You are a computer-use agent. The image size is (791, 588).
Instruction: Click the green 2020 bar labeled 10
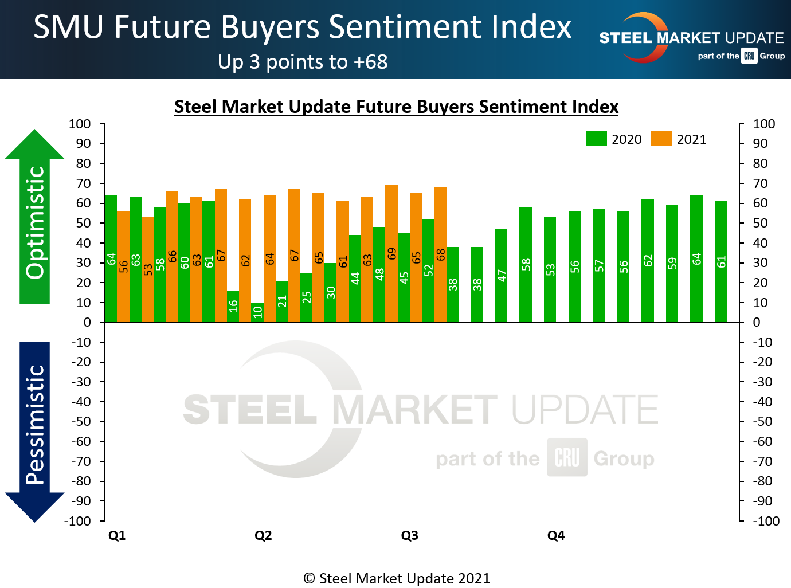click(x=257, y=312)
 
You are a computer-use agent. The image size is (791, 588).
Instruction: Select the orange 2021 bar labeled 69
click(x=391, y=253)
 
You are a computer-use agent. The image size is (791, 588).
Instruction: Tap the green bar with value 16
click(x=233, y=306)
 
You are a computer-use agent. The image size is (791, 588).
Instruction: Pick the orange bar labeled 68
click(x=440, y=254)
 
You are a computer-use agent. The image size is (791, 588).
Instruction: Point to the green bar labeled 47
click(x=502, y=276)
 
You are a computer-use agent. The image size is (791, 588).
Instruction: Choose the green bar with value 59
click(x=672, y=264)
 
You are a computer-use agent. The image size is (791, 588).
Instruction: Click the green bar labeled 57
click(x=599, y=265)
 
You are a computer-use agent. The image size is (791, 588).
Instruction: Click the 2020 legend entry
click(x=614, y=139)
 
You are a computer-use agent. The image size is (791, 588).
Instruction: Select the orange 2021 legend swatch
click(x=661, y=139)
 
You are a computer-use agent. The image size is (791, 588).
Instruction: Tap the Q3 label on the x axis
click(x=409, y=535)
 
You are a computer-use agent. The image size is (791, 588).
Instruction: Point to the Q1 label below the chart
click(x=117, y=535)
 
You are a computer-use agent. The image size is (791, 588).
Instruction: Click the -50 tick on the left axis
click(x=81, y=421)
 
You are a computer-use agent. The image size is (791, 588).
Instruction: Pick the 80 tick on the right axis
click(x=760, y=163)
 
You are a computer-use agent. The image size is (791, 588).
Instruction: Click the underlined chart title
click(x=396, y=107)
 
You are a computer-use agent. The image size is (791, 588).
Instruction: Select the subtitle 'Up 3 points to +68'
click(x=303, y=62)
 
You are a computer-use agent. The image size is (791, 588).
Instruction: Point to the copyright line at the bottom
click(x=396, y=578)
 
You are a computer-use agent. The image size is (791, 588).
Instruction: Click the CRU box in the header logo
click(x=749, y=56)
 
